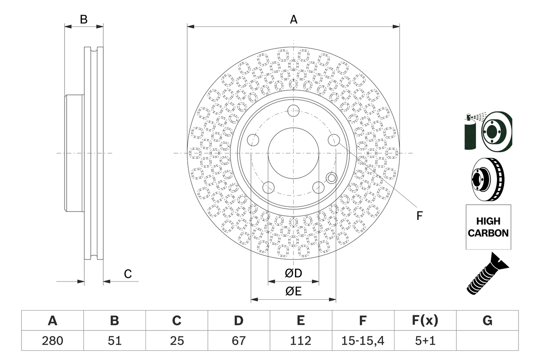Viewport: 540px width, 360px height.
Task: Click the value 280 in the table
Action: (x=52, y=341)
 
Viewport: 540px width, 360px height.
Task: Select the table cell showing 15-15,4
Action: (x=362, y=341)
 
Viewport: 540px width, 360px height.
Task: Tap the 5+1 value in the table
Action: (x=425, y=341)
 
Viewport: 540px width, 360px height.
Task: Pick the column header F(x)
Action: (x=425, y=321)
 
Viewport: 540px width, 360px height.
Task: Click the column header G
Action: (x=487, y=321)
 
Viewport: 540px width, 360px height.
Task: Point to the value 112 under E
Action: (x=300, y=341)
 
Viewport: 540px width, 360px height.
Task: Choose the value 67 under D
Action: (x=238, y=341)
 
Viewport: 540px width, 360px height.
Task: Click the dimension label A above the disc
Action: (x=293, y=19)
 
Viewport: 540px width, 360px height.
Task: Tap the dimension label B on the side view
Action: (x=84, y=19)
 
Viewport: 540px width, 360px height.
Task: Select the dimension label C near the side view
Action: (x=128, y=274)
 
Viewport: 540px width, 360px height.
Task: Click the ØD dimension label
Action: (x=293, y=273)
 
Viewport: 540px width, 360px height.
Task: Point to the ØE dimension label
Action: (x=293, y=292)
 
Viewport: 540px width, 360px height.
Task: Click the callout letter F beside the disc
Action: (x=419, y=216)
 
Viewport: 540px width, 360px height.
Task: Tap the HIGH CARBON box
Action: (x=488, y=227)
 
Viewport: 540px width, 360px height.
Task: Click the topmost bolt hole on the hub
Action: (x=293, y=111)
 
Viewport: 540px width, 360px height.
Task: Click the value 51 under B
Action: (x=114, y=341)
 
